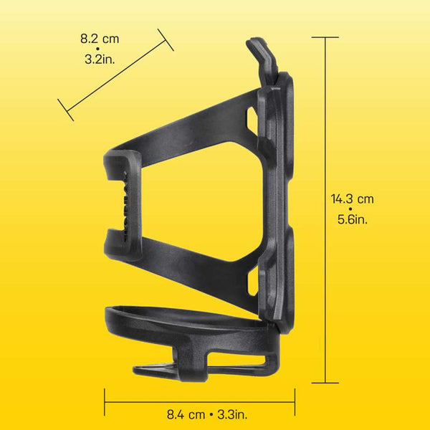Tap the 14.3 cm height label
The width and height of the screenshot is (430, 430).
tap(352, 199)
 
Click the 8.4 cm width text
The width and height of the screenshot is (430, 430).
tap(186, 414)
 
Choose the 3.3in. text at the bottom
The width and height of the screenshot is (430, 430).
tap(234, 414)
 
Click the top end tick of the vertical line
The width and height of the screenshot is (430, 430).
tap(327, 37)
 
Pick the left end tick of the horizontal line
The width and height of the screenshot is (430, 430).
tap(105, 401)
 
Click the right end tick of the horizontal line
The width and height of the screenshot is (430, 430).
tap(295, 401)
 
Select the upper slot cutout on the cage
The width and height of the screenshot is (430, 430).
tap(251, 118)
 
